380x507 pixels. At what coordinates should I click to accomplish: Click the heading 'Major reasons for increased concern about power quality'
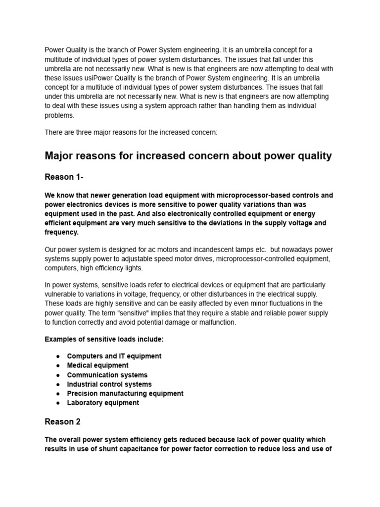click(x=188, y=156)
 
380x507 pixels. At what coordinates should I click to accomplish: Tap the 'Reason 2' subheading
click(x=62, y=422)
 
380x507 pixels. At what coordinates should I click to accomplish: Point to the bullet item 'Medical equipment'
click(x=97, y=365)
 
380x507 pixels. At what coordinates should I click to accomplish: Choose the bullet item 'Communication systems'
click(x=107, y=375)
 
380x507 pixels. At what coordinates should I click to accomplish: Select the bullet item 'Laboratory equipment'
click(x=103, y=403)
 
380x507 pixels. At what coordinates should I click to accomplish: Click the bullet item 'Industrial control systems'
click(x=109, y=384)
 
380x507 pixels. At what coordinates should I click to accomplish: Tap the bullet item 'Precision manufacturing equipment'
click(x=125, y=393)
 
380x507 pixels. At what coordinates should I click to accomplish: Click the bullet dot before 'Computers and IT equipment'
click(x=58, y=356)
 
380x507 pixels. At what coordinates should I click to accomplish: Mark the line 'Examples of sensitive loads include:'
click(x=104, y=339)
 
